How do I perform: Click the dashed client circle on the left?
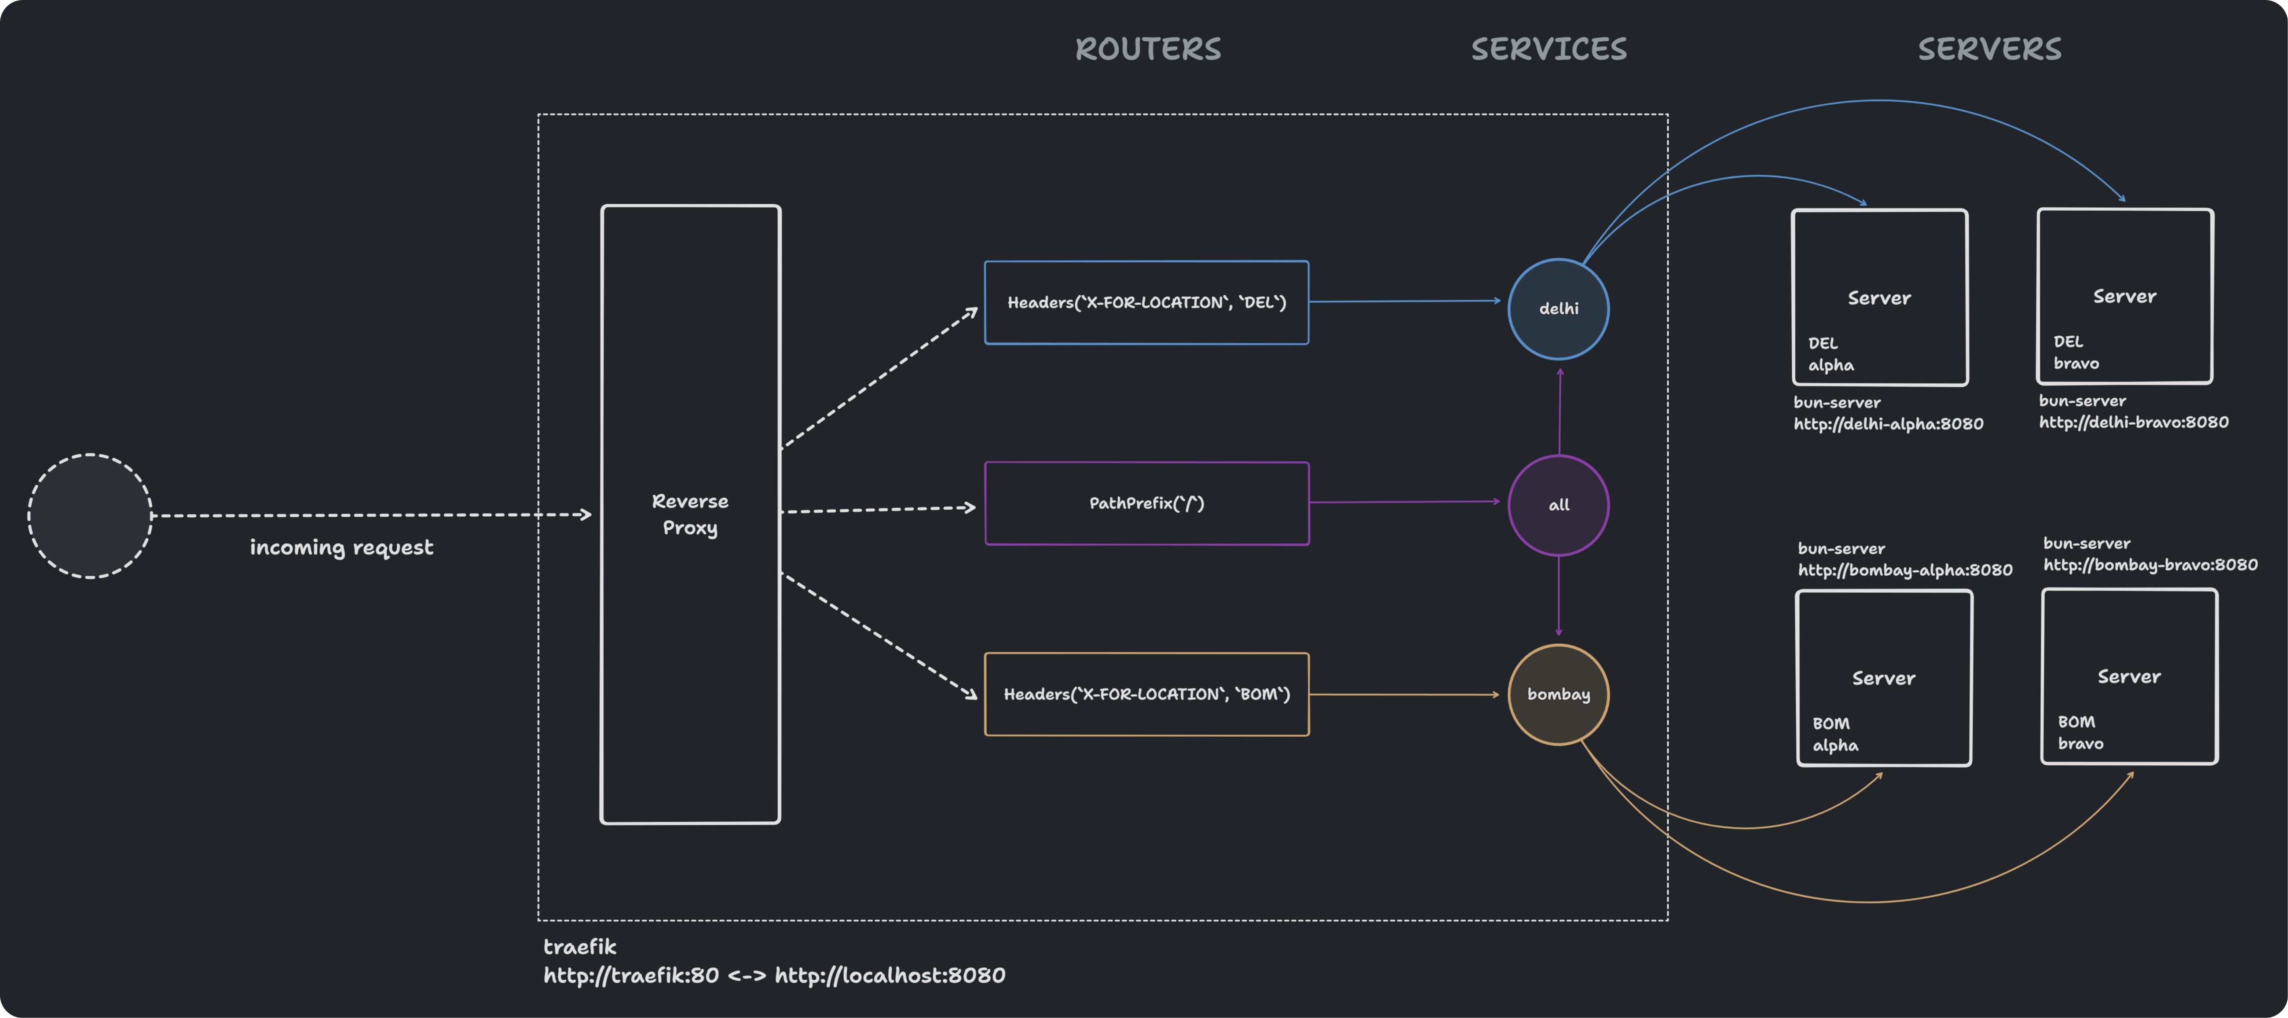90,516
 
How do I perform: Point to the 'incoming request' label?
341,547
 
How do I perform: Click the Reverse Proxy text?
690,515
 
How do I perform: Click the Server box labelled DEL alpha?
1879,298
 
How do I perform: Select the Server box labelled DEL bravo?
2125,296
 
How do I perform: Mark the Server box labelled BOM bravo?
2129,676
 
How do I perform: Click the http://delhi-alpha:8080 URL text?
1887,424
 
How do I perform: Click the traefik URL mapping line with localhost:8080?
774,975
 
